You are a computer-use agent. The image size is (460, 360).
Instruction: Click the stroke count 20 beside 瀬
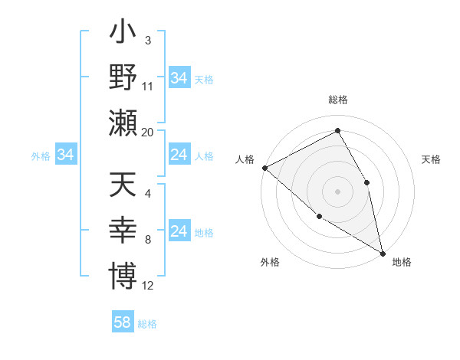(148, 132)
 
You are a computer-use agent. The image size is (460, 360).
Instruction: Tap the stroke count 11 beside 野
(148, 86)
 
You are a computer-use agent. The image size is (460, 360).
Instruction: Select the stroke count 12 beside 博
(148, 285)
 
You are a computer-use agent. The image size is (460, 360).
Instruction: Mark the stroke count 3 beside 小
(147, 40)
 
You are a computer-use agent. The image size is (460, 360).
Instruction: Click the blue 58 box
(123, 322)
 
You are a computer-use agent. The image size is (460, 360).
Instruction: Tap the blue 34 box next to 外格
(66, 155)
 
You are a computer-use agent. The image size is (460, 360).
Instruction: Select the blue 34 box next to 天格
(179, 78)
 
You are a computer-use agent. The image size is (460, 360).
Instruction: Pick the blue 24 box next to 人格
(179, 155)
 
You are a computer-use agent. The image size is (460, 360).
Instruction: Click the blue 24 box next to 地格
(179, 231)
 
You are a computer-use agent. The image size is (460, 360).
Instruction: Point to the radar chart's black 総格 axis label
(337, 100)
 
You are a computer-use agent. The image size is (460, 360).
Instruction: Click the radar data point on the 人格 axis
(264, 168)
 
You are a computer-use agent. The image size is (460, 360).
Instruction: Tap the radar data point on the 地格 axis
(382, 251)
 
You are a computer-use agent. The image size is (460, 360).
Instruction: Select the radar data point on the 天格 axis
(366, 182)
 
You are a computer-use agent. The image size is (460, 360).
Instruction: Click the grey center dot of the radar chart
(337, 191)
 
